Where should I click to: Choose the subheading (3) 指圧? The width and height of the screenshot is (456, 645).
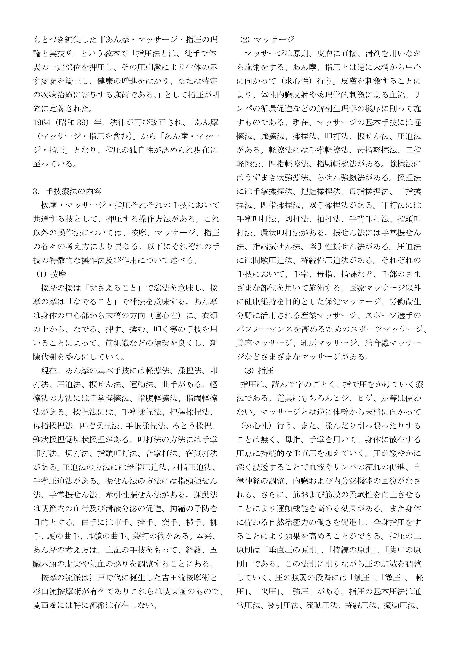point(259,370)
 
